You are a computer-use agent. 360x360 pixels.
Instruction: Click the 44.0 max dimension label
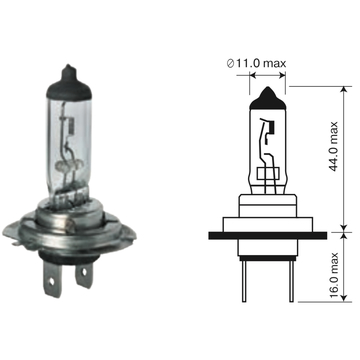(334, 147)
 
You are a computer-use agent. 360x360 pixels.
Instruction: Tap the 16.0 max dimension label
(334, 276)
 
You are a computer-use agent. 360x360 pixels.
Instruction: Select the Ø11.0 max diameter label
(256, 63)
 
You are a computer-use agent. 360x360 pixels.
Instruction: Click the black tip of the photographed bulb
(69, 83)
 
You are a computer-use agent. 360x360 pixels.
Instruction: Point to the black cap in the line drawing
(268, 99)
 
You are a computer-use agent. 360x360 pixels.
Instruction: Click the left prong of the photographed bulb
(53, 279)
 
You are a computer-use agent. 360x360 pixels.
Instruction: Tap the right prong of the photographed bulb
(84, 274)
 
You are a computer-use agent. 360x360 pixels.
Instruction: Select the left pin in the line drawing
(244, 281)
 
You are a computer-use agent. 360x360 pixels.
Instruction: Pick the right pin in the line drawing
(291, 281)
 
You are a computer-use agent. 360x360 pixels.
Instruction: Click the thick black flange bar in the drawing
(268, 235)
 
